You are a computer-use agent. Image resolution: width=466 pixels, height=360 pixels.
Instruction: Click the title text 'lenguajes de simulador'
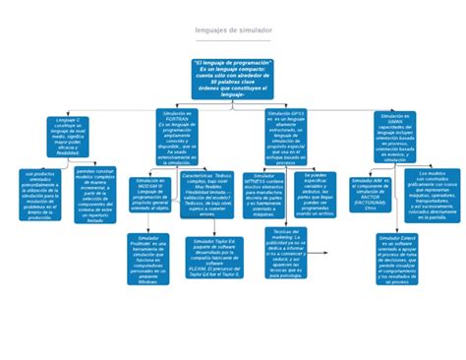coord(233,30)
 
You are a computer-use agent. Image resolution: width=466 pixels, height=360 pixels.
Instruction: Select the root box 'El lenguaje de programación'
coord(233,78)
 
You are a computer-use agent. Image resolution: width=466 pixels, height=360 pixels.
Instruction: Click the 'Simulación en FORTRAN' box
coord(179,137)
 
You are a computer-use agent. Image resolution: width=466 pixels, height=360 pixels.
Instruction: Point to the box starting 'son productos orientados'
coord(40,193)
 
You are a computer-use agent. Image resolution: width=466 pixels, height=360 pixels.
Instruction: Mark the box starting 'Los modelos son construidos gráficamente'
coord(431,193)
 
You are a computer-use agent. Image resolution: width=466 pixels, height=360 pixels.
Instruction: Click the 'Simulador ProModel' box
coord(147,258)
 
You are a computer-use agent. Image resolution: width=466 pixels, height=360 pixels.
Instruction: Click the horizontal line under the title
coord(233,41)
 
